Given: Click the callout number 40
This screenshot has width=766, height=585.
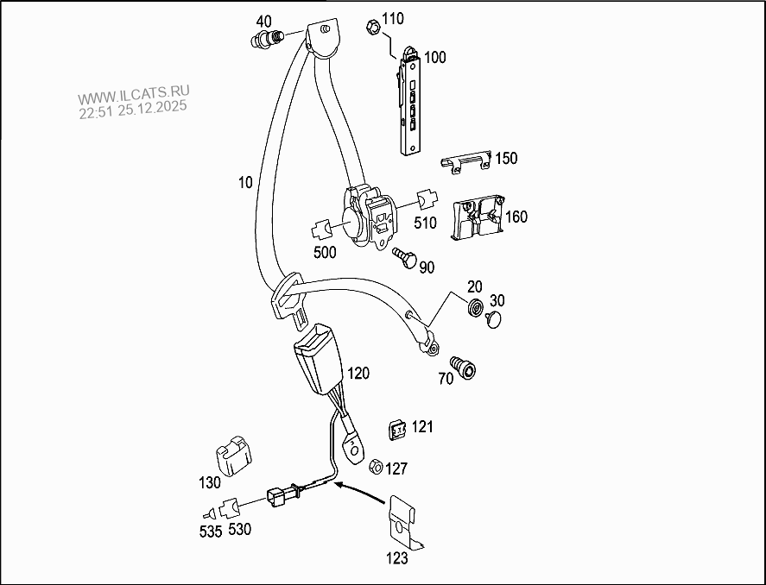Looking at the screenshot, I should point(264,21).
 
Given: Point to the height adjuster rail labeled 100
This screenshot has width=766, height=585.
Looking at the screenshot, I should point(411,104).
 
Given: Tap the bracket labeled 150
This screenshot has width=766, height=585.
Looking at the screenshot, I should point(466,163).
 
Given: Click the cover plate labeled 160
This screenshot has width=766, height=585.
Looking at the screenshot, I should point(477,217).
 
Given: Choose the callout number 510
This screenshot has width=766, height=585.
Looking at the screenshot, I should point(425,223).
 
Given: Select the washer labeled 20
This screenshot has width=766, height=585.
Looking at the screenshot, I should point(474,309).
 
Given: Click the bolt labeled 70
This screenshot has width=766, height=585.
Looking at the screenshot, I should point(463,368).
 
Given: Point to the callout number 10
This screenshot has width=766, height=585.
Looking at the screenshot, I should point(245,182).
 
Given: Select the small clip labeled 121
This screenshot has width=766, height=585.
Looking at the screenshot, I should point(396,429).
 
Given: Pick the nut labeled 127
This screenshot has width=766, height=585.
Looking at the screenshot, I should point(376,467).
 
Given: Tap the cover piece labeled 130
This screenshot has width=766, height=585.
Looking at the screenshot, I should point(231,455).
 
